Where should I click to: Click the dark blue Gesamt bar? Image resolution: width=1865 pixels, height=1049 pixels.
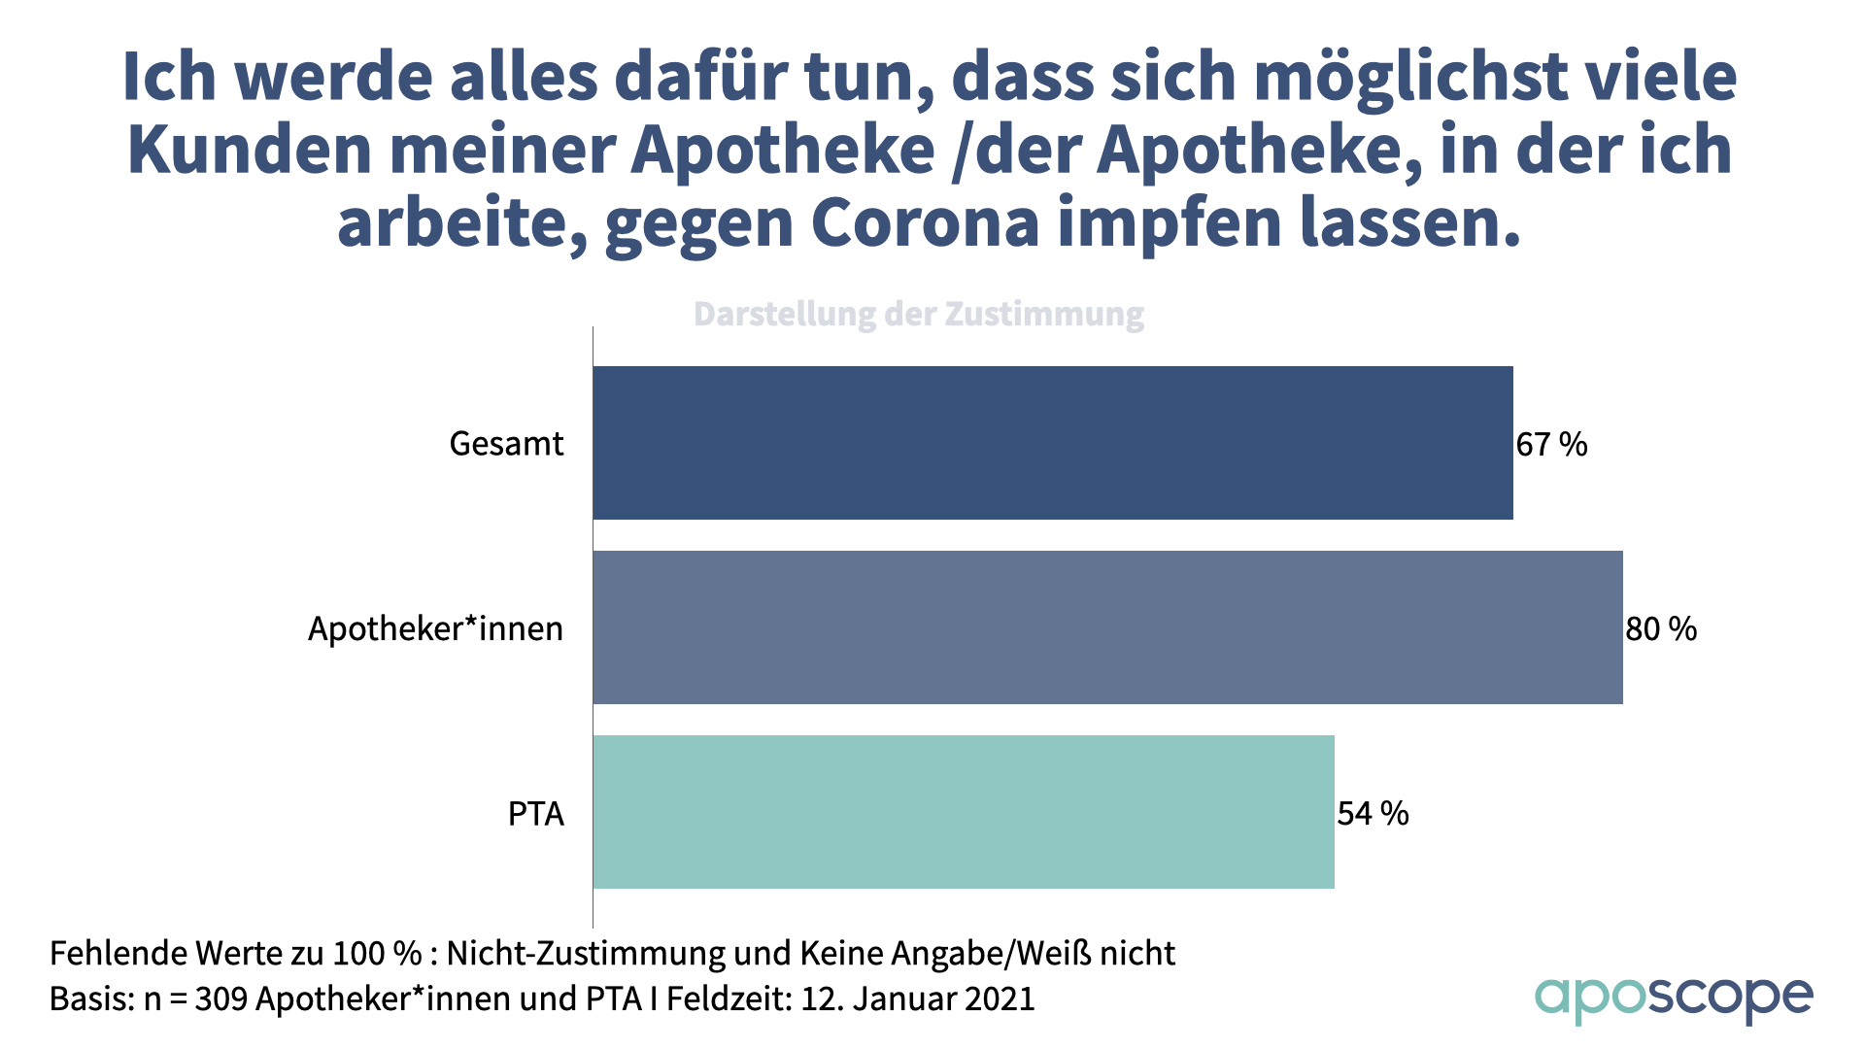coord(1053,443)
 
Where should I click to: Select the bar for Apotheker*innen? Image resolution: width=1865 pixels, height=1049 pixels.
coord(1107,627)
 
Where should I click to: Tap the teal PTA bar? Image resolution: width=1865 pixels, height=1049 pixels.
coord(964,812)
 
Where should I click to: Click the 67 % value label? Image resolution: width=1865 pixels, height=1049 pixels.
coord(1551,445)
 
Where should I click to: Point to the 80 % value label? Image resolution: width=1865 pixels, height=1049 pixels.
coord(1661,629)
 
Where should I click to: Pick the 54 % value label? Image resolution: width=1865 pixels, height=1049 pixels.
coord(1373,814)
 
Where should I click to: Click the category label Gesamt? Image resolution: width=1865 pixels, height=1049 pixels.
coord(506,444)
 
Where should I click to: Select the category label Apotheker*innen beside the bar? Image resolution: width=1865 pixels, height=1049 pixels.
coord(435,629)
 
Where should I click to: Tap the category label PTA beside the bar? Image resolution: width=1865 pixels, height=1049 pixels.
coord(535,814)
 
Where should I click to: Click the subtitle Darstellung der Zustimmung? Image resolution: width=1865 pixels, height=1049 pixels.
coord(918,314)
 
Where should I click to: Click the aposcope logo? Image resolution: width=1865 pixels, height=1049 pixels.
coord(1673,998)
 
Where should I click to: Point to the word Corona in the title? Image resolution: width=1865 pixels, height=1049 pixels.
coord(926,223)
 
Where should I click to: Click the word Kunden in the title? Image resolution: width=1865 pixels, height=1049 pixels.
coord(250,151)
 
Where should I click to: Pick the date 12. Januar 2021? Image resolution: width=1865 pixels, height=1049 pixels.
coord(917,998)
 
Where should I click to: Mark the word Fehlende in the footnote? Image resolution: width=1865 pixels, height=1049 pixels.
coord(118,954)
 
